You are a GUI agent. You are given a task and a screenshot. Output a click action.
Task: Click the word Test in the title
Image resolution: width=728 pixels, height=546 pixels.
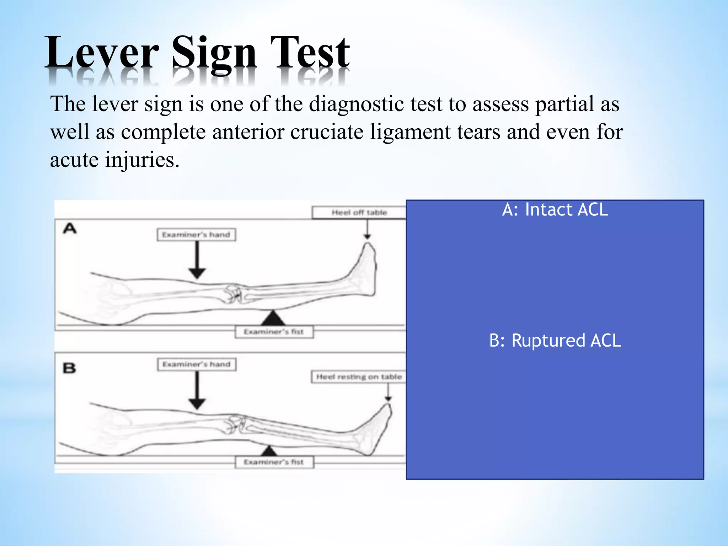[x=310, y=53]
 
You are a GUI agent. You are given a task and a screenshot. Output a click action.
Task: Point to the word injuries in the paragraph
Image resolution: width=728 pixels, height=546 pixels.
[x=142, y=160]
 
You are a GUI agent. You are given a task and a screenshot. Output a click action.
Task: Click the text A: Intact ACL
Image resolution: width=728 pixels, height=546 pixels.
[x=555, y=209]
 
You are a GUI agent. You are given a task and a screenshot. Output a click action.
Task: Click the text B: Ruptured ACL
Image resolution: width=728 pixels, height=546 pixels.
[x=555, y=341]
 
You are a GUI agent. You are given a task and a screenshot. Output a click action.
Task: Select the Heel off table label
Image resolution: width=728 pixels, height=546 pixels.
[x=359, y=213]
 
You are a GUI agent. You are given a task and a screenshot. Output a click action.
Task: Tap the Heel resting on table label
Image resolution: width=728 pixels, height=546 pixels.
[x=359, y=377]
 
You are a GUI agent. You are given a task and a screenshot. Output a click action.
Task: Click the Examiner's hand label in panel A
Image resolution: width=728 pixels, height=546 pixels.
[x=196, y=235]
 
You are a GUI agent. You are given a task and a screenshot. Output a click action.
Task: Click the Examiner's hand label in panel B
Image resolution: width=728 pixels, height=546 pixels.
[x=197, y=364]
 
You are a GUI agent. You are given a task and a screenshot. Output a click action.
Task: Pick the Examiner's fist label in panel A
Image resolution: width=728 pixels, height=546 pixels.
[x=274, y=332]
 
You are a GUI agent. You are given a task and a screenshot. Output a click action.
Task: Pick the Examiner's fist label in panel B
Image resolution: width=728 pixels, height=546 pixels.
[x=274, y=462]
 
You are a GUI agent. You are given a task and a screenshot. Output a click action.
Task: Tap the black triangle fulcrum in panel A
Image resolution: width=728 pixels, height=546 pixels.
[x=273, y=318]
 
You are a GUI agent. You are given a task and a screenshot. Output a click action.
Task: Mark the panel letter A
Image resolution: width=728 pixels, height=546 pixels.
[x=70, y=228]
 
